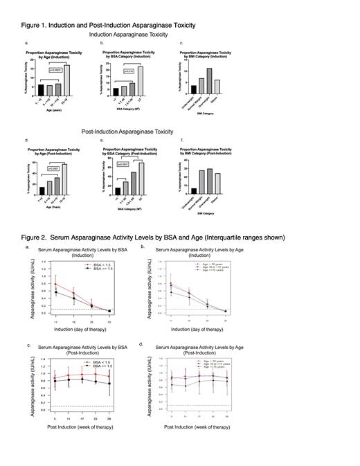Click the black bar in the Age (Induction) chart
pyautogui.click(x=41, y=89)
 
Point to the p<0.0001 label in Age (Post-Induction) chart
pyautogui.click(x=54, y=168)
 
